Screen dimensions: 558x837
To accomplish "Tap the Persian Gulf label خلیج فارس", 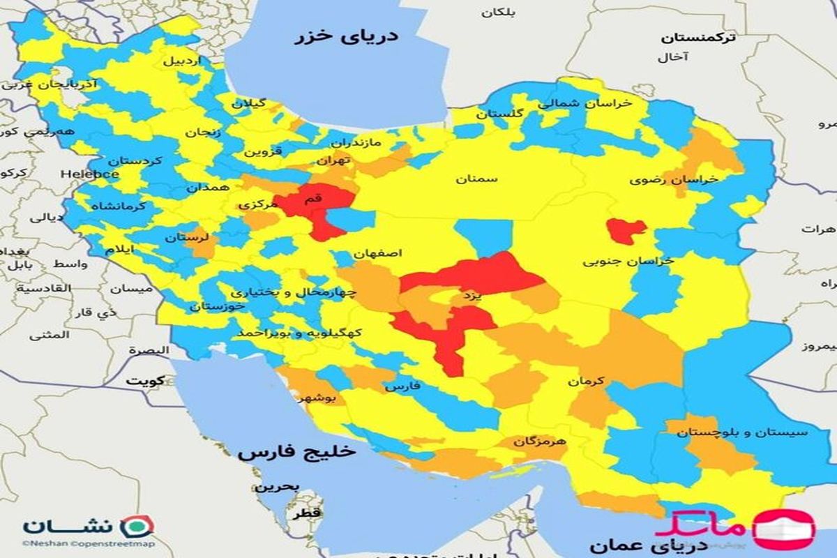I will (296, 452).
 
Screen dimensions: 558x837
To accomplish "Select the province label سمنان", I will (477, 179).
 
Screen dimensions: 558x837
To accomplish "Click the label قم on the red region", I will (314, 199).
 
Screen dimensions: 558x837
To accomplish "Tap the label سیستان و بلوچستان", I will (741, 432).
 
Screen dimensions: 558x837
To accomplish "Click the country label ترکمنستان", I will (698, 38).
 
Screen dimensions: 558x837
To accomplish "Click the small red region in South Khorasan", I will (626, 231).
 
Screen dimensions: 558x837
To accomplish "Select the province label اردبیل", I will (181, 61).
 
